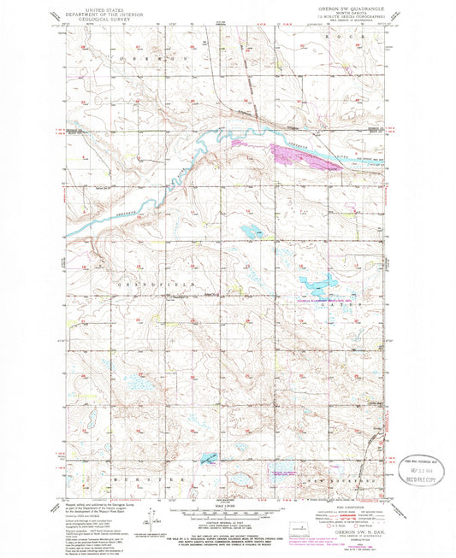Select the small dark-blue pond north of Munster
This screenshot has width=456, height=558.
(209, 459)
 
